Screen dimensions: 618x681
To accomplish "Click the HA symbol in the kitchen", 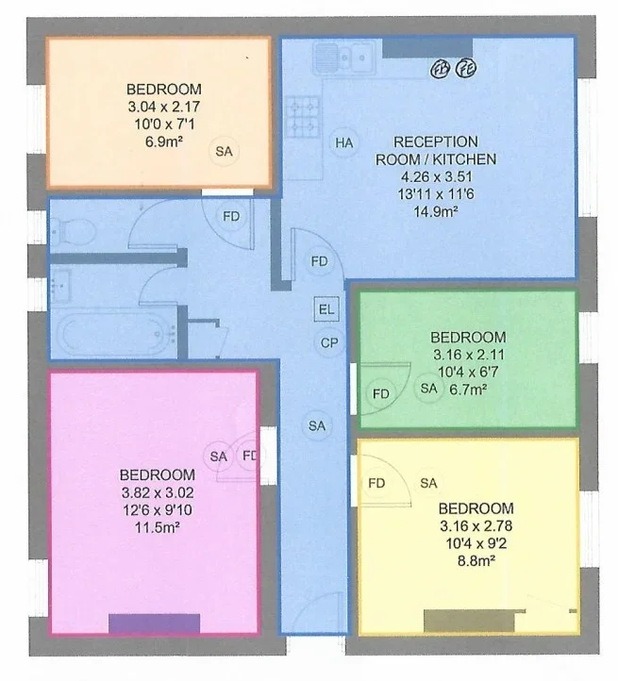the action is [344, 142].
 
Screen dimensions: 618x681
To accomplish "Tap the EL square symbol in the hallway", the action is [326, 309].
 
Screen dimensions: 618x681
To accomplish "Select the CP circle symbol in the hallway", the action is [329, 342].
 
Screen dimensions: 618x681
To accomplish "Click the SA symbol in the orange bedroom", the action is [224, 151].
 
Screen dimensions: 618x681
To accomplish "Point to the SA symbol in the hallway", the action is [317, 426].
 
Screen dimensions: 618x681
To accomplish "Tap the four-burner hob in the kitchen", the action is [303, 117].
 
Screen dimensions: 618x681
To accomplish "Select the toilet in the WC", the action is [74, 231].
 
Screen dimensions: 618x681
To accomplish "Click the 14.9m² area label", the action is [435, 212].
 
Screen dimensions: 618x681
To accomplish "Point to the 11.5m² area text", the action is [158, 527].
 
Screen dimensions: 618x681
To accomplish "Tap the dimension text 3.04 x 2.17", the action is [164, 107].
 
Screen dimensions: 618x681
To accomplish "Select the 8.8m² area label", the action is [476, 561].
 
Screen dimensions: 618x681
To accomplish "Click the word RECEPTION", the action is [436, 141].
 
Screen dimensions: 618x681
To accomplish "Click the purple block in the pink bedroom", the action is [155, 623].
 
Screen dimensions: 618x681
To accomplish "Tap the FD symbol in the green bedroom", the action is [381, 394].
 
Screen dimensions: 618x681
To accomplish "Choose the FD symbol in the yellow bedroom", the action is [376, 483].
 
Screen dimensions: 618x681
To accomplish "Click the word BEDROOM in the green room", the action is [468, 337].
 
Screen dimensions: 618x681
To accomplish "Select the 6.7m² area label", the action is [468, 390].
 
